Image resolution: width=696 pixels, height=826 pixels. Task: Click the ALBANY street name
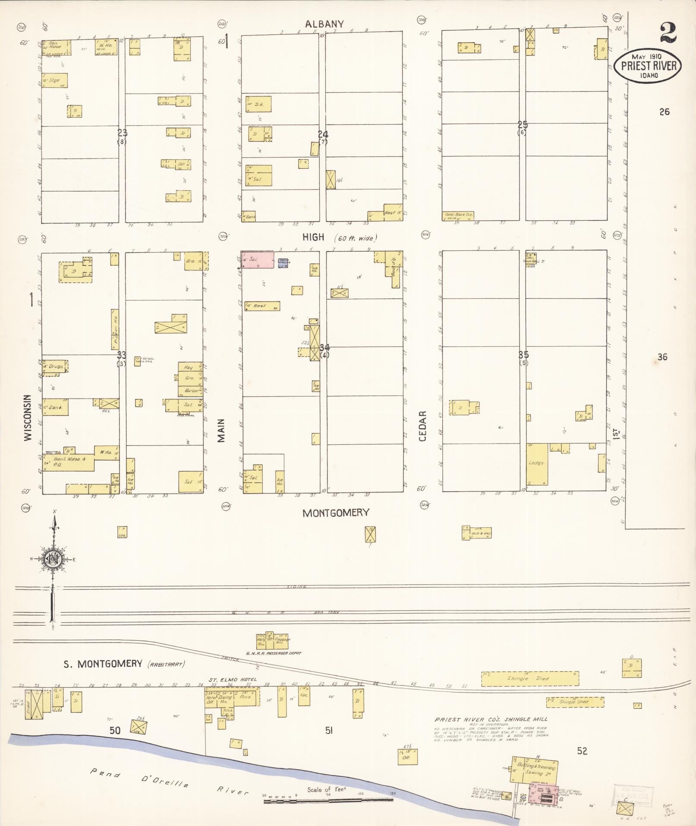click(324, 24)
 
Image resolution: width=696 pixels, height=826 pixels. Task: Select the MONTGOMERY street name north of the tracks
click(336, 513)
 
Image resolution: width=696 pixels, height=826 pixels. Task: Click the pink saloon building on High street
click(257, 260)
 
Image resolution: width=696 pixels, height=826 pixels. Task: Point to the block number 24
click(323, 134)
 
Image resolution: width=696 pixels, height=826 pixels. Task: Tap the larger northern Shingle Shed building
click(530, 678)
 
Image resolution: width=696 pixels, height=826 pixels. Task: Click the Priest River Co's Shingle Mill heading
click(491, 719)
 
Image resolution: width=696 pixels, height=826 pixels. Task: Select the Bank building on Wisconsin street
click(55, 407)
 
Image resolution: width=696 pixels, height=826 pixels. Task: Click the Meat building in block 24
click(393, 212)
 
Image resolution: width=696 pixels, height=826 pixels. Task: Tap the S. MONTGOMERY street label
click(103, 664)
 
